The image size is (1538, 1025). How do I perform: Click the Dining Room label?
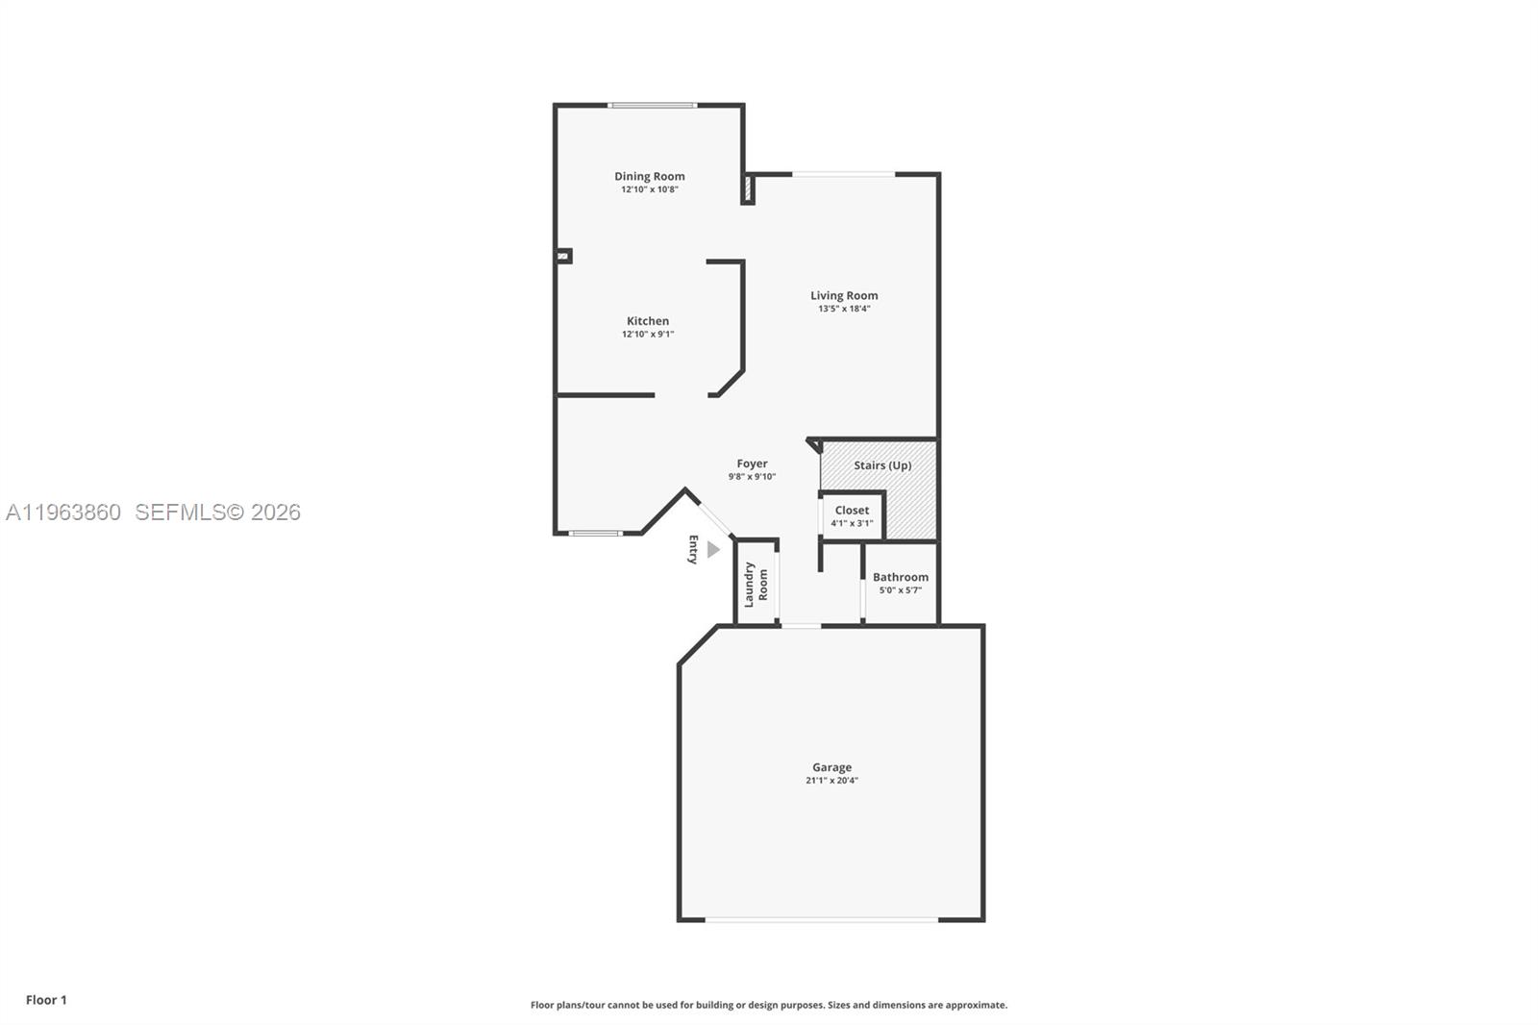[x=650, y=176]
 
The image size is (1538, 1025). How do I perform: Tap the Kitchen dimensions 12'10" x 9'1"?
[x=648, y=335]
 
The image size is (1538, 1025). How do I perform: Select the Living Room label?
[x=844, y=295]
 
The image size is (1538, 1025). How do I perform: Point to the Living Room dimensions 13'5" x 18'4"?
[x=844, y=309]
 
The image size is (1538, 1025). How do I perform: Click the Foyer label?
[x=752, y=463]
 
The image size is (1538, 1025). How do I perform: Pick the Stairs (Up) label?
[x=882, y=465]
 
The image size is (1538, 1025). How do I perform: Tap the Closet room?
[x=852, y=516]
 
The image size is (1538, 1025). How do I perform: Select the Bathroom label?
[x=901, y=577]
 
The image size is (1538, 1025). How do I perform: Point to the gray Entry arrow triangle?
[x=713, y=550]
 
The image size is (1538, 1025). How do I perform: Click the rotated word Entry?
[x=692, y=550]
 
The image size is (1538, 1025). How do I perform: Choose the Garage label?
[x=831, y=767]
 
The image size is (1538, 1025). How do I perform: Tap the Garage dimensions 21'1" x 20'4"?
[x=831, y=781]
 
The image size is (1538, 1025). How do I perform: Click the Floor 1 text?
[x=46, y=1000]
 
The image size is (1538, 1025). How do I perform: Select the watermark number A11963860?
[x=63, y=512]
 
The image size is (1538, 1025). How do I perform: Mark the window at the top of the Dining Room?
[x=652, y=105]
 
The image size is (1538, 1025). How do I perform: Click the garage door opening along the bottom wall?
[x=822, y=920]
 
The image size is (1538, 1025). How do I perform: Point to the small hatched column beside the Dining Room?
[x=747, y=189]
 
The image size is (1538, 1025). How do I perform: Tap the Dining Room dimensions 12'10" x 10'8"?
[x=650, y=189]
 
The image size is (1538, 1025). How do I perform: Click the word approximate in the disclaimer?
[x=976, y=1005]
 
